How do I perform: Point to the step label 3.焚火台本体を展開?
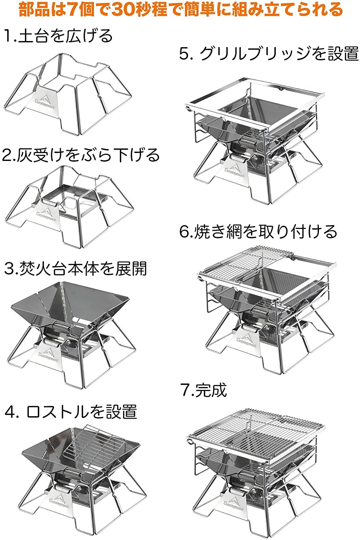[x=76, y=269]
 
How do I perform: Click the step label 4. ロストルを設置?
[x=71, y=411]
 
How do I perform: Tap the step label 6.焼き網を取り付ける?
[x=258, y=231]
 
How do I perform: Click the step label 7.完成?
[x=204, y=390]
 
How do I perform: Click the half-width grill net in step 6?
[x=234, y=265]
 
